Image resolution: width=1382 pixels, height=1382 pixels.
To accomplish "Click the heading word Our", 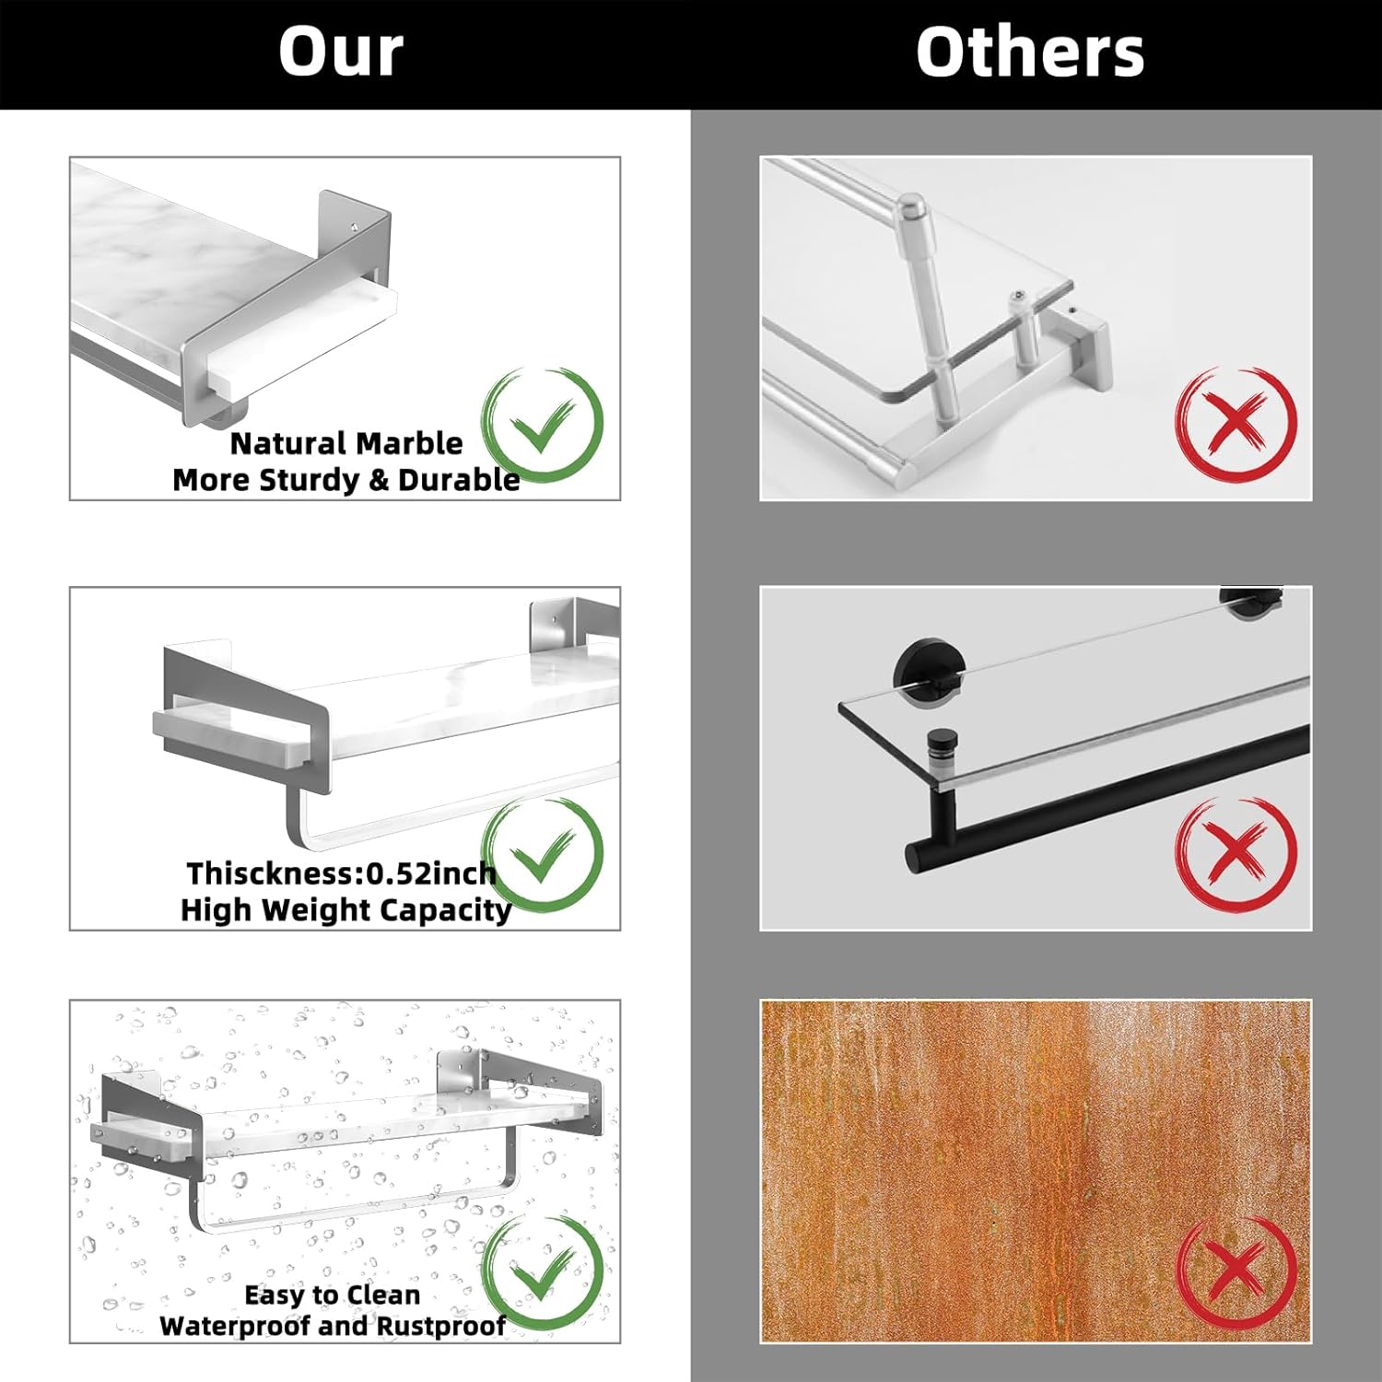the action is point(341,52).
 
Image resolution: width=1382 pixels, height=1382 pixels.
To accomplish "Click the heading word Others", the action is point(1030,52).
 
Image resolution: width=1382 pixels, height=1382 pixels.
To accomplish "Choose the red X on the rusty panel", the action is point(1236,1271).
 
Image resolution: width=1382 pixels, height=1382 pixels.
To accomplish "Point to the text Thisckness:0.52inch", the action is point(342,873).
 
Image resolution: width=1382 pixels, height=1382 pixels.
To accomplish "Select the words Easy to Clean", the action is point(333,1294).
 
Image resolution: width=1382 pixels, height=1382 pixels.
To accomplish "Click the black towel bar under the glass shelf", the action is point(1106,798).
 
